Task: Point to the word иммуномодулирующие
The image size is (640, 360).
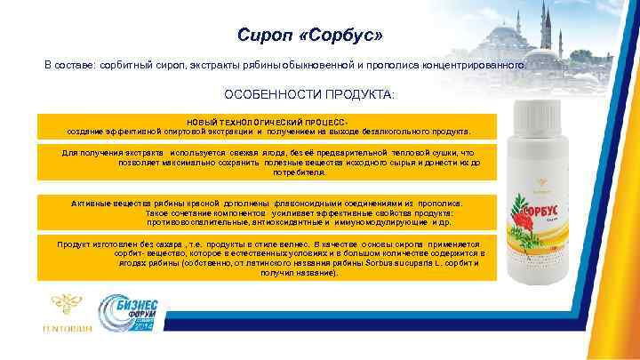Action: click(381, 223)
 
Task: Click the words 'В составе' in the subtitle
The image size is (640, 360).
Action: click(70, 65)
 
